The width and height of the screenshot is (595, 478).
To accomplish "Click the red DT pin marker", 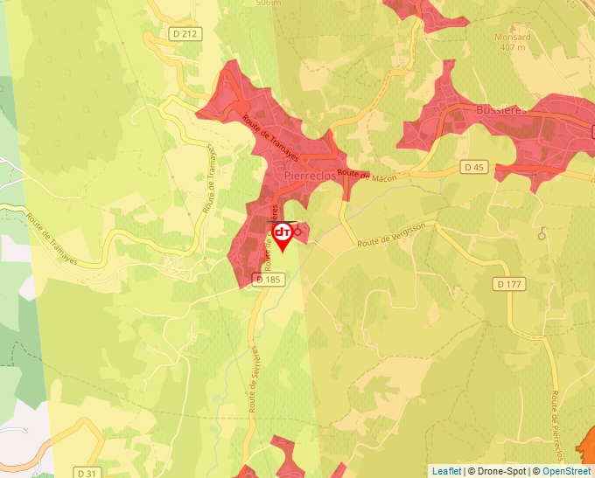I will pyautogui.click(x=283, y=234).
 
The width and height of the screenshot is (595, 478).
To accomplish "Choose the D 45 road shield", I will pyautogui.click(x=474, y=167).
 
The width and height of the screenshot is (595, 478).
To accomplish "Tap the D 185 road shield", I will pyautogui.click(x=269, y=280).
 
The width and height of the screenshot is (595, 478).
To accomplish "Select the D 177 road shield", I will pyautogui.click(x=508, y=284).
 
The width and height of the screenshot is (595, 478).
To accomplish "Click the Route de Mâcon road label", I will pyautogui.click(x=367, y=176).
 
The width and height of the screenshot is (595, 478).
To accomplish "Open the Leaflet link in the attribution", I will pyautogui.click(x=446, y=471).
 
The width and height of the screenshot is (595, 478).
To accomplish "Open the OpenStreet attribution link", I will pyautogui.click(x=567, y=471).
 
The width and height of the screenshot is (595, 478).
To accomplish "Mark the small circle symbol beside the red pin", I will pyautogui.click(x=297, y=232).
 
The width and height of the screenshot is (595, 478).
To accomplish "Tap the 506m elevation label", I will pyautogui.click(x=268, y=3).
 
